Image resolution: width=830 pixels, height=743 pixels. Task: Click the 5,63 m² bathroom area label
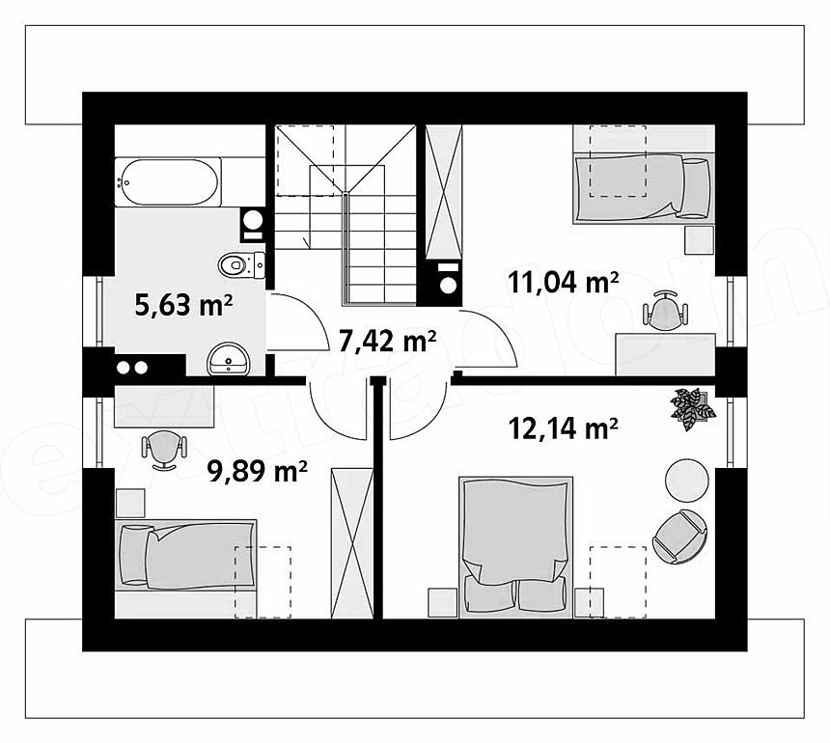183,305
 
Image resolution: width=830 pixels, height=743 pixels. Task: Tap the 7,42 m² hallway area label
387,341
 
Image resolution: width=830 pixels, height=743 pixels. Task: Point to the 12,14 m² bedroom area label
564,428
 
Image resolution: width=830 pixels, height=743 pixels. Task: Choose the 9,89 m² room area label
258,471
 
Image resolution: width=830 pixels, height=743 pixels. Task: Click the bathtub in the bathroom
167,181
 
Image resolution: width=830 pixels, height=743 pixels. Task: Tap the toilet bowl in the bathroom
241,264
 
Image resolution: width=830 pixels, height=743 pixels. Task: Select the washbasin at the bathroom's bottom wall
229,359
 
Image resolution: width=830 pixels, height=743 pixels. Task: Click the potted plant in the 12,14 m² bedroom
692,406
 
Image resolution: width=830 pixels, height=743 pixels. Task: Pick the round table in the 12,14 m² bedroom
686,480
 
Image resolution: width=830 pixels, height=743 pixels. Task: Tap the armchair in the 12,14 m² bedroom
680,537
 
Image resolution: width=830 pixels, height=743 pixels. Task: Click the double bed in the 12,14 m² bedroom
516,547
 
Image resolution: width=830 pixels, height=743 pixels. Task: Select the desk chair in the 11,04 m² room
666,310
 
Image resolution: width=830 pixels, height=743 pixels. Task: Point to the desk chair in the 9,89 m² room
165,450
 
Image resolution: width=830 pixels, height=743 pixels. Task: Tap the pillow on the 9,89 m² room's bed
135,555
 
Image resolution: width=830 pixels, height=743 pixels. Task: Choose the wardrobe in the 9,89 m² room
351,543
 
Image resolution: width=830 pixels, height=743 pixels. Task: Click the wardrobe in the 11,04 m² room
444,192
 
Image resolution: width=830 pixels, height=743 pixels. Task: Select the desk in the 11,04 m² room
665,354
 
